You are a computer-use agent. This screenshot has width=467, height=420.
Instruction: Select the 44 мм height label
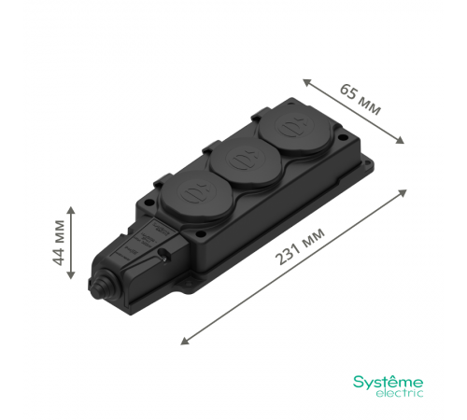coord(59,243)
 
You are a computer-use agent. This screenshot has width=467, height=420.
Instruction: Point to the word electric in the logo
coord(399,394)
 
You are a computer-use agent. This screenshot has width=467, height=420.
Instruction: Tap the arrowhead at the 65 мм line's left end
coord(307,78)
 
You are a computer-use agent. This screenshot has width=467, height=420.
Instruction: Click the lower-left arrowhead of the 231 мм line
coord(182,341)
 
